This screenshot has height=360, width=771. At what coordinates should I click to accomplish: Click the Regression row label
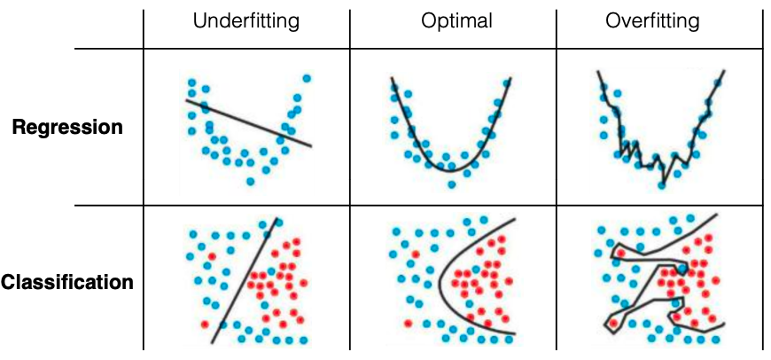(67, 127)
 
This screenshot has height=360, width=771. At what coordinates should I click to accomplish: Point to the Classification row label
(67, 283)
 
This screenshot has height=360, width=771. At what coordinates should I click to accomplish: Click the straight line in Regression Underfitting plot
(248, 122)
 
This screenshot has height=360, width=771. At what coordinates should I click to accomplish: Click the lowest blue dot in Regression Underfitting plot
(251, 181)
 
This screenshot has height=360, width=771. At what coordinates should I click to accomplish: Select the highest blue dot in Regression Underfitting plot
(307, 78)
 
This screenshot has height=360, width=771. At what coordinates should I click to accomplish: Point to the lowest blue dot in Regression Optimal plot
(452, 184)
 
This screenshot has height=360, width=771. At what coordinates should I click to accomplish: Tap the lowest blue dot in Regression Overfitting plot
(660, 185)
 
